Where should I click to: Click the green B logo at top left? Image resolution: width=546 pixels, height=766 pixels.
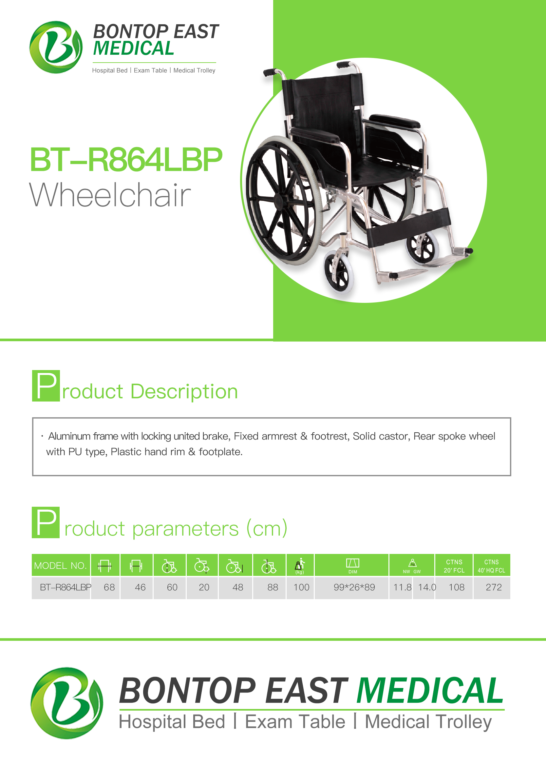click(x=56, y=47)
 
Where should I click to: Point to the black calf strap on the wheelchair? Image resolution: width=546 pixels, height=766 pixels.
click(x=408, y=227)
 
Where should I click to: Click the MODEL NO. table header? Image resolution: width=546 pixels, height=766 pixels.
click(x=61, y=566)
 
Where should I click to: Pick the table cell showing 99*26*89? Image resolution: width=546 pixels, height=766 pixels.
click(x=354, y=587)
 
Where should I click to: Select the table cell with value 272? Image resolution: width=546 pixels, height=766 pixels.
click(x=494, y=587)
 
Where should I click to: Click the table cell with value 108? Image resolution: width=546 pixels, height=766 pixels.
click(x=457, y=587)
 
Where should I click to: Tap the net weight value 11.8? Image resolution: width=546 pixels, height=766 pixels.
click(x=403, y=587)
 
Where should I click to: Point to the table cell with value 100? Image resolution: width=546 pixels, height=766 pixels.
click(x=301, y=587)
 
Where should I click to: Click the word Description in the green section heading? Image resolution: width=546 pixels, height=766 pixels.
click(x=184, y=392)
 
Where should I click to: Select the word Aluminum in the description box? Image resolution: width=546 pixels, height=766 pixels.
click(x=69, y=436)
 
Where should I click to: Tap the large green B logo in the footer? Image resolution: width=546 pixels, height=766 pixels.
click(x=67, y=703)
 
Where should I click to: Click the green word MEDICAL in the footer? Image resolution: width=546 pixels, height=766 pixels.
click(x=430, y=691)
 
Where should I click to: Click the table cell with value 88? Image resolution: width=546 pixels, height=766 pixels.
click(x=273, y=587)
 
